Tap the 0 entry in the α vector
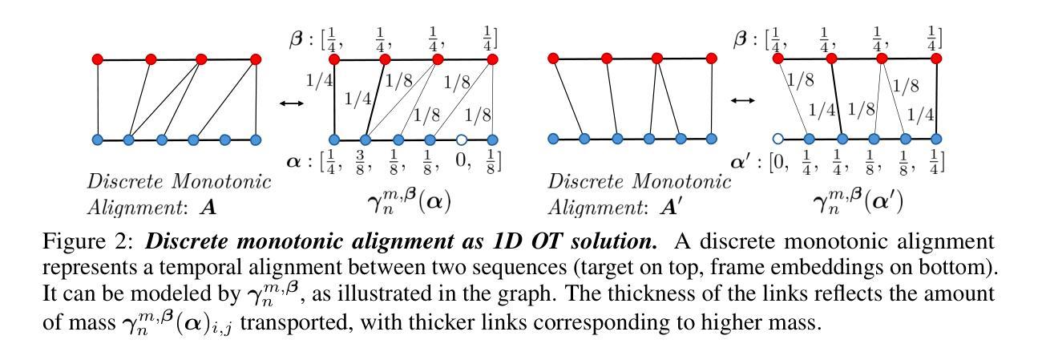462,161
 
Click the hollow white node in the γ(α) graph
461,139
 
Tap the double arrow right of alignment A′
743,100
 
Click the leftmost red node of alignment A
98,59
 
